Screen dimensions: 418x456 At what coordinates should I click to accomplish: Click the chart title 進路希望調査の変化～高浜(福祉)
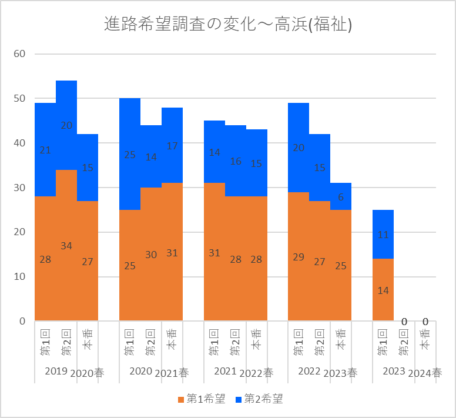point(228,25)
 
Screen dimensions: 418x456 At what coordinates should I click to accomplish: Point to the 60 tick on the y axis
point(19,54)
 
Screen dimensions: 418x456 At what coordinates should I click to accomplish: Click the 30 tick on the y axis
point(19,188)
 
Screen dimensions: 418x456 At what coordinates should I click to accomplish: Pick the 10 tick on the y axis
point(19,277)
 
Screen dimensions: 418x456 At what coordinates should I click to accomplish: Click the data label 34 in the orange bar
point(66,246)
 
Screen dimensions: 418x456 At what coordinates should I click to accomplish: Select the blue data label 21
point(45,151)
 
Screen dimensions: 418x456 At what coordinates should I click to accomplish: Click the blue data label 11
point(383,235)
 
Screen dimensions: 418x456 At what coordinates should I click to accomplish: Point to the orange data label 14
point(383,290)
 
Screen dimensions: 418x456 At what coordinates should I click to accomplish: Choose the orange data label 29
point(299,257)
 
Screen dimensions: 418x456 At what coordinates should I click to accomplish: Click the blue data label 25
point(130,155)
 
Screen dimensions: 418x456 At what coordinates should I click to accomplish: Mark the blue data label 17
point(172,146)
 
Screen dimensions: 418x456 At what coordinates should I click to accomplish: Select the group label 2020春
point(90,373)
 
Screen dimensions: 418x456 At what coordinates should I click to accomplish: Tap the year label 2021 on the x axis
point(225,372)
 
